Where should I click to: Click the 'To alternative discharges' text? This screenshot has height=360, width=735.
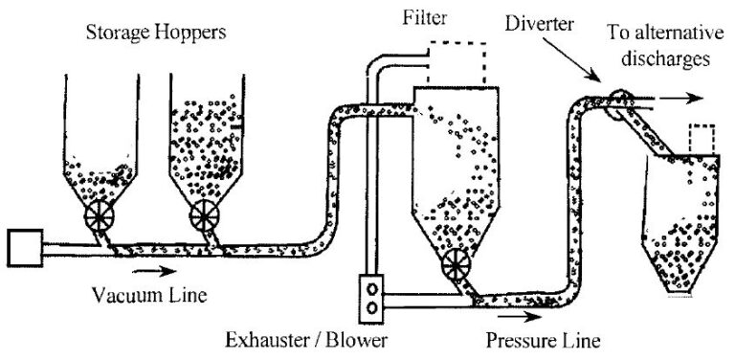click(x=658, y=45)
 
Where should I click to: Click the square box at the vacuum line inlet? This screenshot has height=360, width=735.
click(x=24, y=249)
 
